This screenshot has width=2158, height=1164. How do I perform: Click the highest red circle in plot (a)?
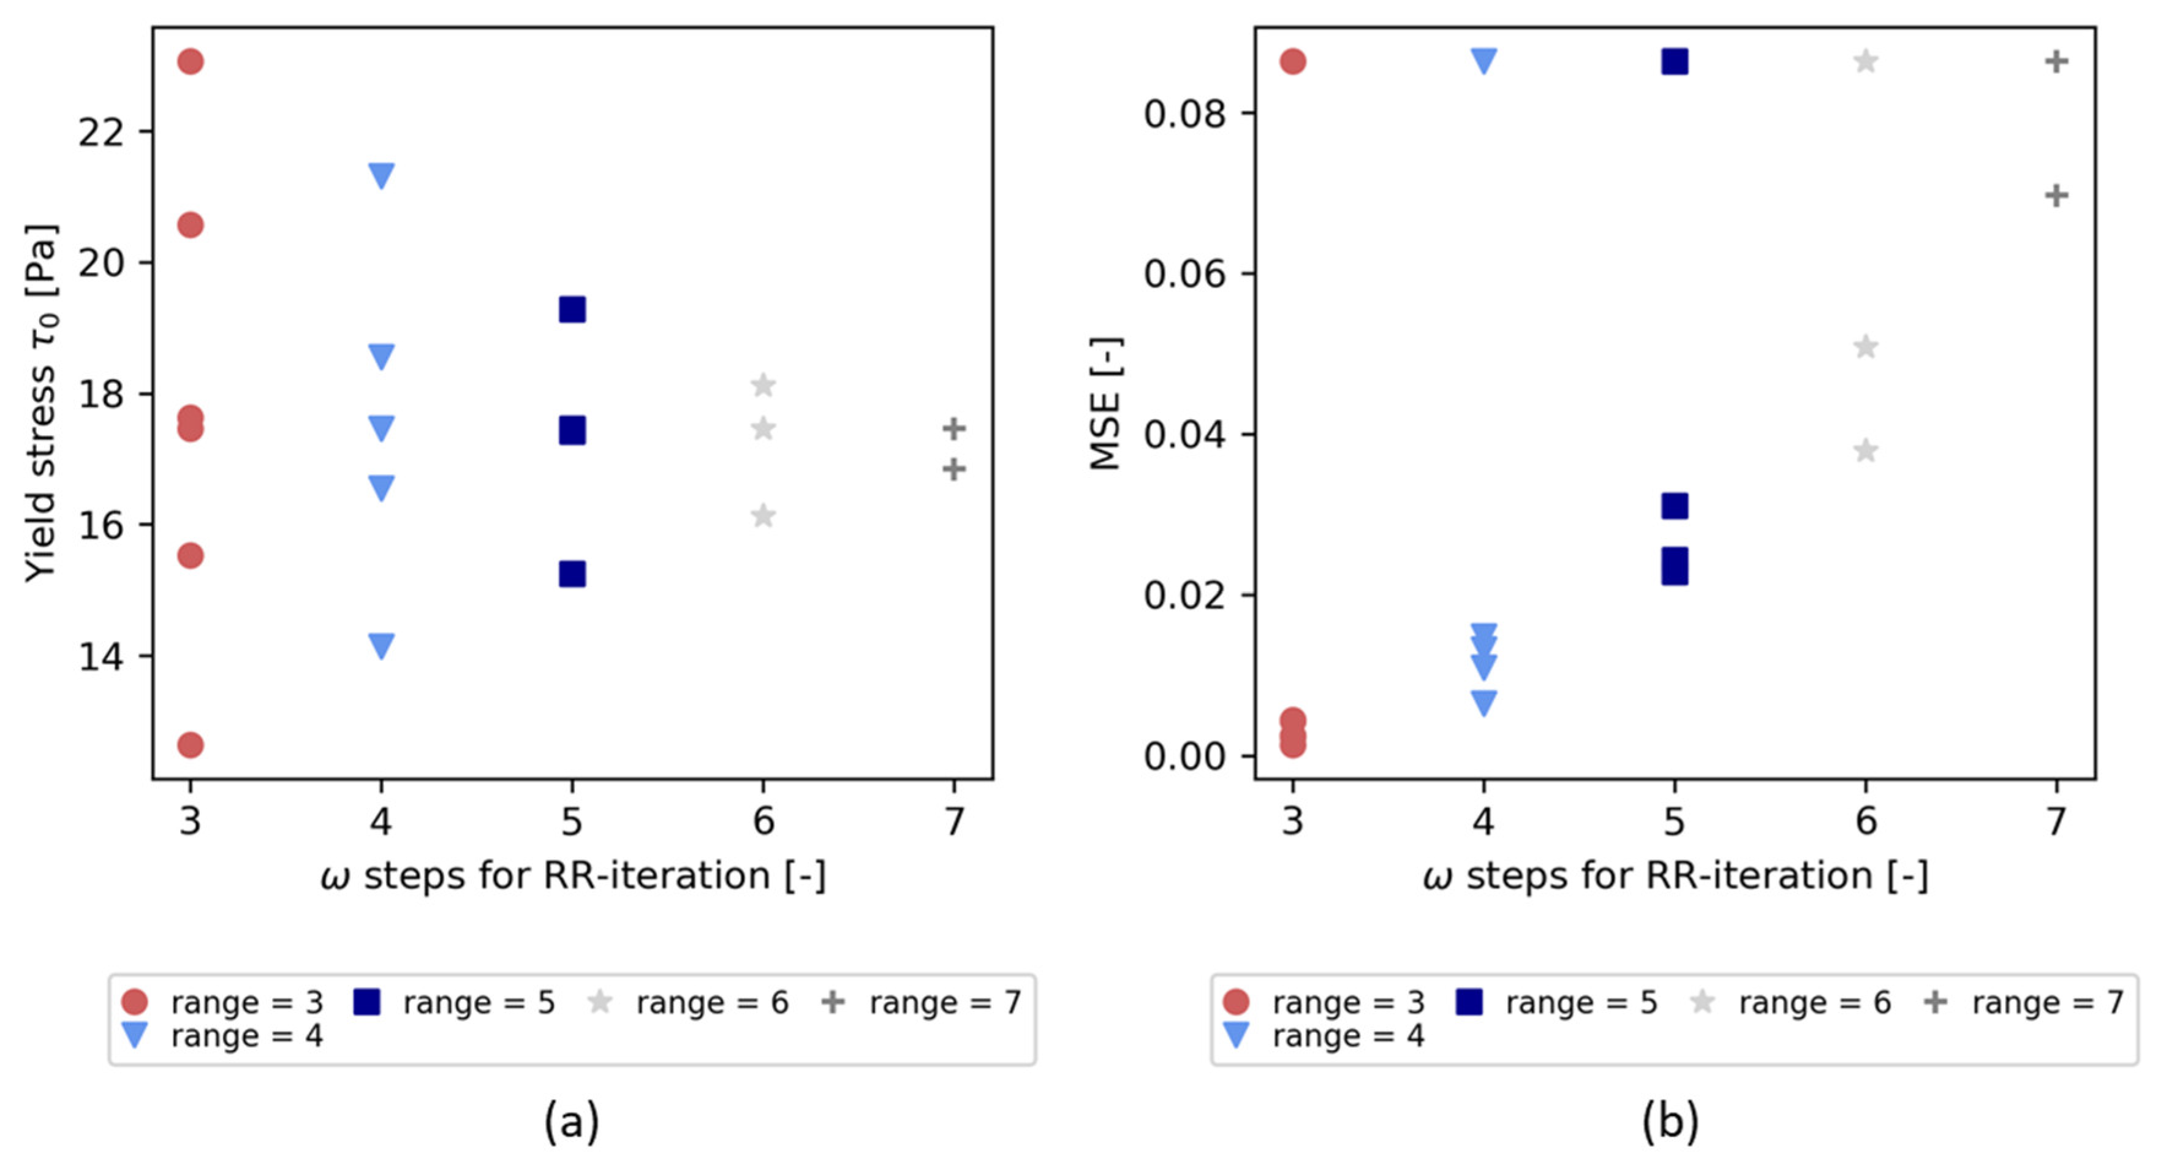tap(190, 61)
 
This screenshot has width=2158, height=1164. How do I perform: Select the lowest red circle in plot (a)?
tap(190, 744)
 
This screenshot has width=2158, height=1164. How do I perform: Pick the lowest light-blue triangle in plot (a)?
tap(381, 646)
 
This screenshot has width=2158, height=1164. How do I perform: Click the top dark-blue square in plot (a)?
tap(572, 309)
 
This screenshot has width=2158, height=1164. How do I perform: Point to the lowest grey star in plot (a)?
tap(763, 515)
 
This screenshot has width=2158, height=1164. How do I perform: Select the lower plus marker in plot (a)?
tap(953, 470)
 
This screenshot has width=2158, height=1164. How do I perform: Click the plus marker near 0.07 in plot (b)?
tap(2057, 196)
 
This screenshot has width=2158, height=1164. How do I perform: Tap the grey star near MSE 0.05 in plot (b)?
tap(1866, 346)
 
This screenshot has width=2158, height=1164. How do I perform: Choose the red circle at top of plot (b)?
tap(1293, 61)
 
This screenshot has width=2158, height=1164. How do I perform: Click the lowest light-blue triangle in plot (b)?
tap(1483, 702)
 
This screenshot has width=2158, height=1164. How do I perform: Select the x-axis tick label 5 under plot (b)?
tap(1674, 820)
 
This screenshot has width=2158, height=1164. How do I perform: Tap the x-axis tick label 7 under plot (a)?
tap(954, 820)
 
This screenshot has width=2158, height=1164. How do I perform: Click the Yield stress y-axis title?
tap(40, 402)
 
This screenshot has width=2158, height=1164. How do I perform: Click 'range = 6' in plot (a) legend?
tap(711, 1002)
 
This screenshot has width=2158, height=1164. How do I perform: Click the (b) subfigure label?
tap(1670, 1120)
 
